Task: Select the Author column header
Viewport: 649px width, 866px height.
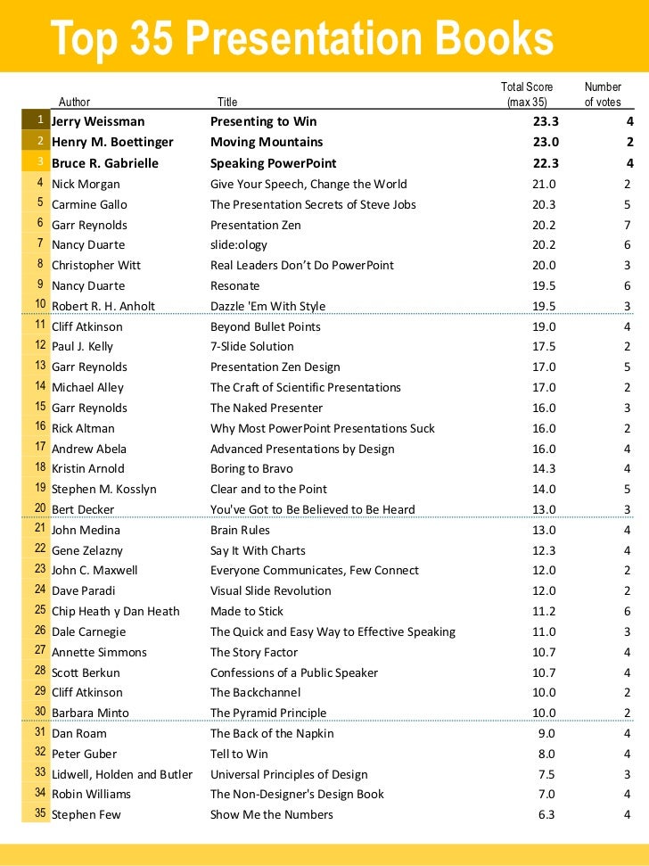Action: tap(74, 103)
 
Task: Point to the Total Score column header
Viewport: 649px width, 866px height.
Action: tap(527, 95)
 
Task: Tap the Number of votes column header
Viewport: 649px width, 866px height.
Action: tap(603, 95)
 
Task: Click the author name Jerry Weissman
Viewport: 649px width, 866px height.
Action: tap(98, 121)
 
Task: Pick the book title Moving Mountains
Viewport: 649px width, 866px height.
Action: tap(267, 142)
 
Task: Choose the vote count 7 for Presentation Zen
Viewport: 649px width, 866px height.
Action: tap(628, 225)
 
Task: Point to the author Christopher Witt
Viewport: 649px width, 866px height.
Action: tap(96, 265)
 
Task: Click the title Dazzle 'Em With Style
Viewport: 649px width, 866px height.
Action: tap(267, 306)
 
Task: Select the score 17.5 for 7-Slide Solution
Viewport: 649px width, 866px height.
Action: tap(544, 346)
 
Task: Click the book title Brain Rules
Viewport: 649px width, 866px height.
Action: tap(240, 530)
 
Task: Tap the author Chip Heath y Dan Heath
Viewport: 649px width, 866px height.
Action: tap(116, 611)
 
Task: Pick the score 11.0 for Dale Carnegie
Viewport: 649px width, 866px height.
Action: tap(544, 631)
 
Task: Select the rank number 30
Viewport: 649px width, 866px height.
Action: tap(40, 712)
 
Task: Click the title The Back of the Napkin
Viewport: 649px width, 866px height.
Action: tap(272, 733)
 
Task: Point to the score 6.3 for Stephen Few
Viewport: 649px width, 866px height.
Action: tap(546, 814)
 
